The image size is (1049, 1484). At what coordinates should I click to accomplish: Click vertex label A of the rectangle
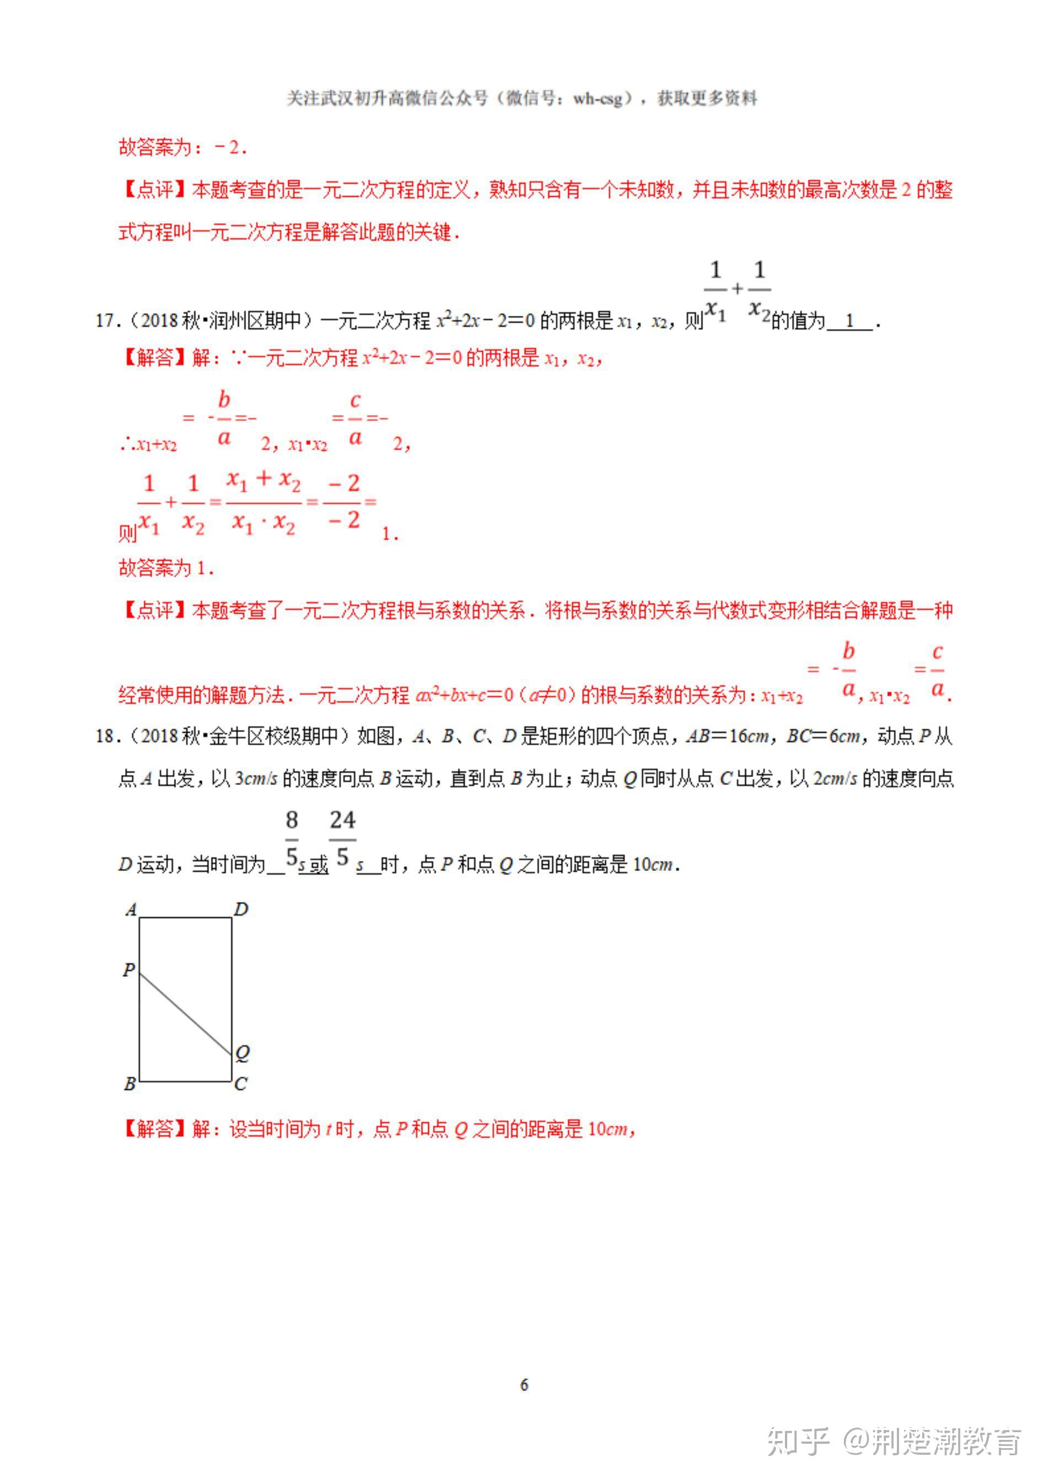click(x=131, y=910)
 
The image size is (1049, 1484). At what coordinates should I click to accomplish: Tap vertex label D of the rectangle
click(x=241, y=910)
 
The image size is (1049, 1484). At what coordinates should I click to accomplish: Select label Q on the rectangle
click(x=243, y=1053)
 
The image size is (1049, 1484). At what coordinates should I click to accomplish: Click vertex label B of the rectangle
click(x=130, y=1083)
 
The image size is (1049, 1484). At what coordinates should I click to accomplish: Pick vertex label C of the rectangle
click(x=240, y=1083)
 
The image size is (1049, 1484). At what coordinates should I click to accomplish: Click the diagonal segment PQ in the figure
click(x=186, y=1013)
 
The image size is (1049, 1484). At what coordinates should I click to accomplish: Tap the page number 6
click(x=524, y=1384)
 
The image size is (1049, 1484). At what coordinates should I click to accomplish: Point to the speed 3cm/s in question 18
click(x=255, y=779)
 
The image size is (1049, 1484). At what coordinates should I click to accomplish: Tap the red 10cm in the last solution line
click(x=607, y=1129)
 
